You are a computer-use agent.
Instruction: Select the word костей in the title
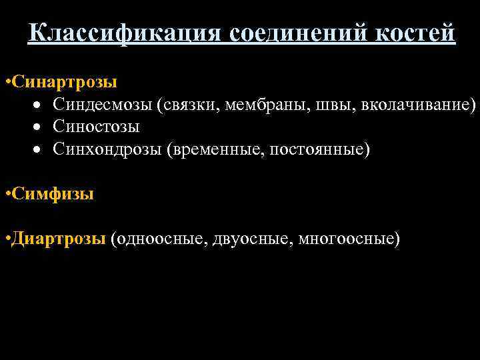[x=415, y=33]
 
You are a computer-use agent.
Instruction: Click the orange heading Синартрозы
[x=63, y=82]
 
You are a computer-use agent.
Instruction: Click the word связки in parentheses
[x=191, y=104]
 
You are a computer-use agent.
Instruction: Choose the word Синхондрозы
[x=108, y=148]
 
